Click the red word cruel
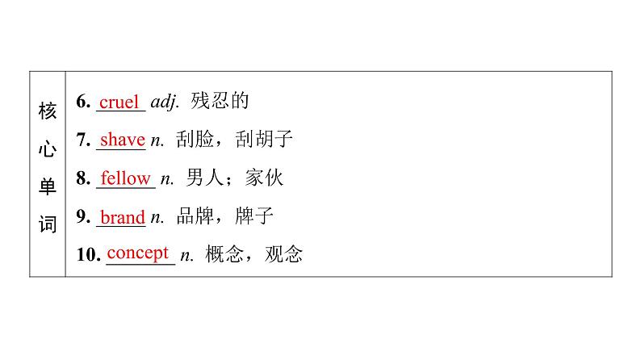coord(119,102)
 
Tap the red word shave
coord(122,140)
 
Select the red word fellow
coord(125,178)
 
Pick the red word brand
coord(122,216)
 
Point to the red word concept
coord(137,253)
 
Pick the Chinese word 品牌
coord(195,216)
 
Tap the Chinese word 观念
coord(283,255)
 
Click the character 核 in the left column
coord(48,110)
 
